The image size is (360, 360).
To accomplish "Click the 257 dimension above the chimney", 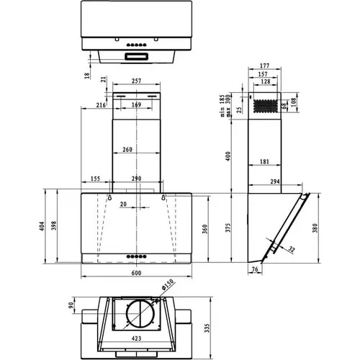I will pos(136,82).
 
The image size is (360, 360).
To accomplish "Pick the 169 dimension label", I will pos(136,105).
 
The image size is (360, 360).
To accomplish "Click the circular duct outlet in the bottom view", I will pos(136,318).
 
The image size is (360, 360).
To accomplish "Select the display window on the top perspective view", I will pos(136,55).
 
